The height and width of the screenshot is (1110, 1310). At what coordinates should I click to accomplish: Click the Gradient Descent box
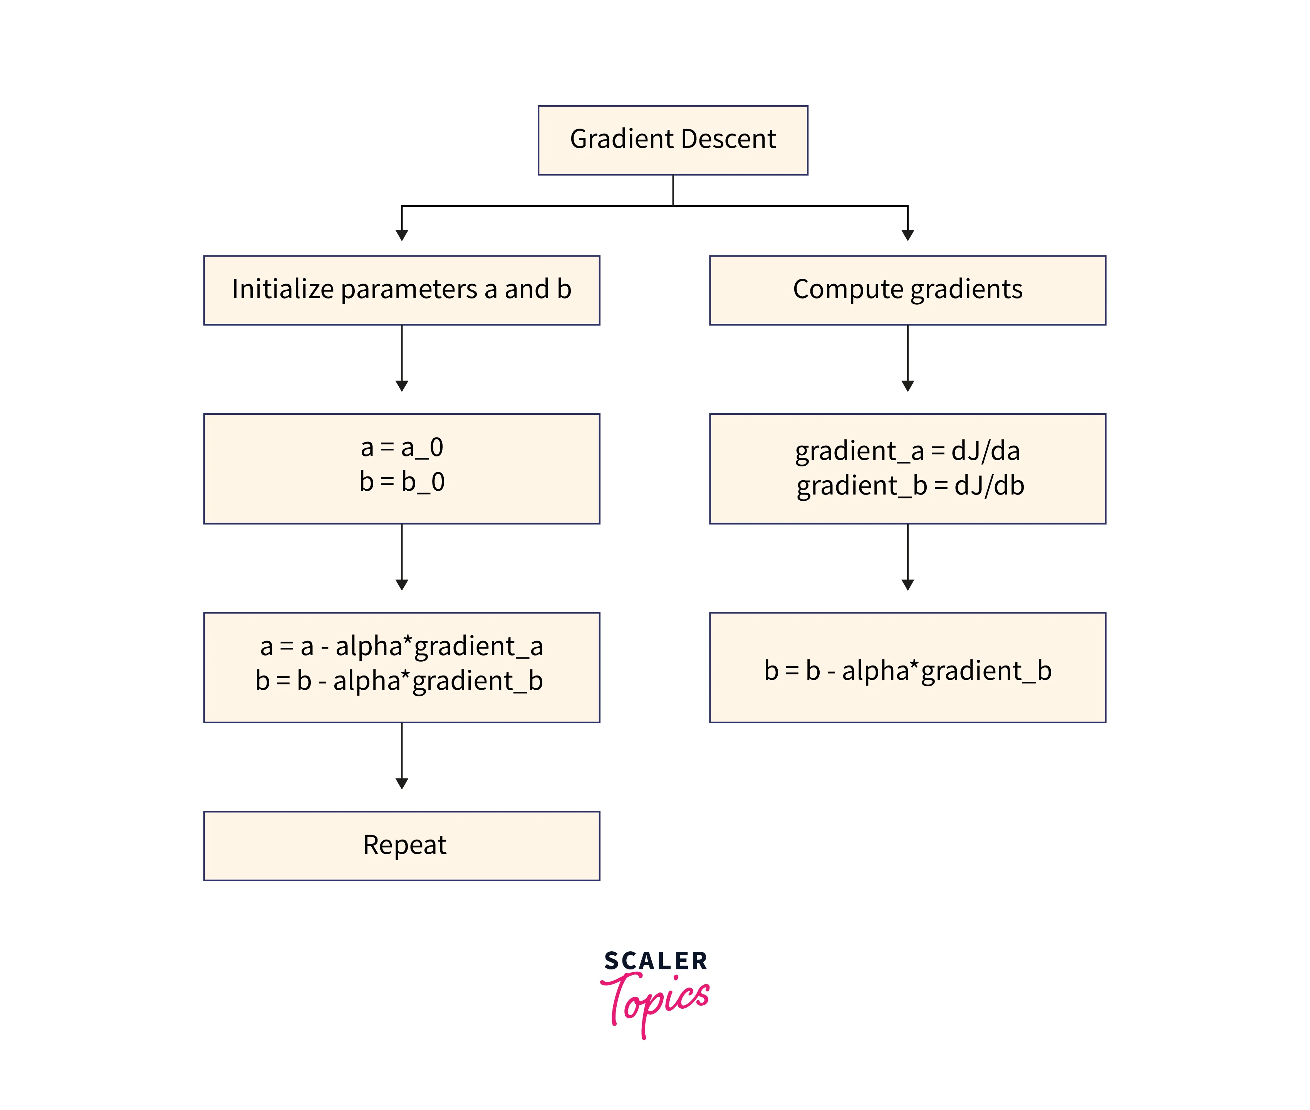[672, 140]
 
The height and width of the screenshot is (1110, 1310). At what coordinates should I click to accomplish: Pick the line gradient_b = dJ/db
[910, 486]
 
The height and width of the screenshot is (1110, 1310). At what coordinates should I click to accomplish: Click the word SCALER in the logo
[655, 961]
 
